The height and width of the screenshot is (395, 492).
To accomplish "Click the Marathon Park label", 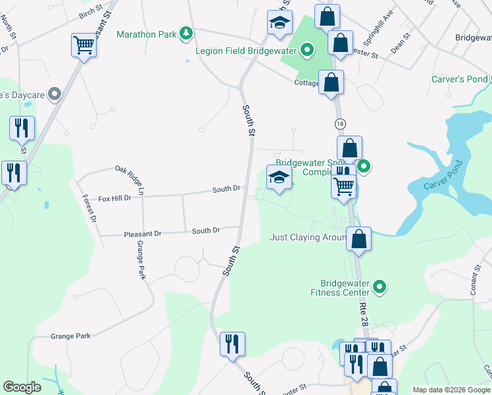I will pyautogui.click(x=147, y=34).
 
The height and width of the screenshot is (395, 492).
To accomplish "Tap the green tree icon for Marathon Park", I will pyautogui.click(x=187, y=33).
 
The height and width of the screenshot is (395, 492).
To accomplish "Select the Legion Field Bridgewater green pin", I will pyautogui.click(x=307, y=50).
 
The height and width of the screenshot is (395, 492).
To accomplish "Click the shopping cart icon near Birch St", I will pyautogui.click(x=84, y=46).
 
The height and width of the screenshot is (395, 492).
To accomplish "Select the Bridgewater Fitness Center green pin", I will pyautogui.click(x=379, y=286).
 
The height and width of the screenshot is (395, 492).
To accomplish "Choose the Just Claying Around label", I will pyautogui.click(x=308, y=237).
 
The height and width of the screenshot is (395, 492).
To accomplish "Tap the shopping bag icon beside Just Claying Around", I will pyautogui.click(x=359, y=239).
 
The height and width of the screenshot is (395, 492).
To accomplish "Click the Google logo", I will pyautogui.click(x=22, y=387).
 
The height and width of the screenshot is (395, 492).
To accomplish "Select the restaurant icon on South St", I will pyautogui.click(x=232, y=344).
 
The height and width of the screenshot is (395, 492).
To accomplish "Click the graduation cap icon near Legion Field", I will pyautogui.click(x=280, y=23).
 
